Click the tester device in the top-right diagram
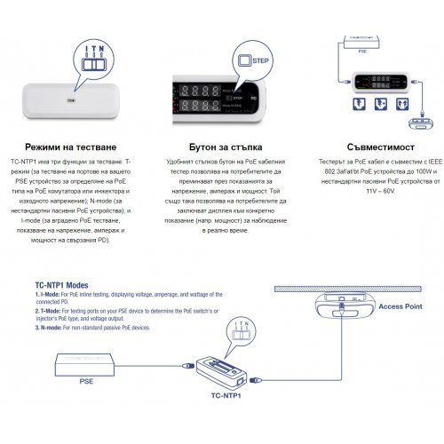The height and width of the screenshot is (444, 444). click(384, 82)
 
